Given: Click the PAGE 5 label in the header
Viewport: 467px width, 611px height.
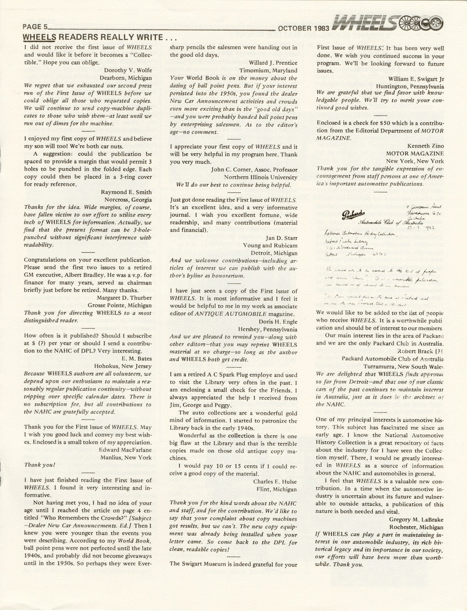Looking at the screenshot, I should [36, 27].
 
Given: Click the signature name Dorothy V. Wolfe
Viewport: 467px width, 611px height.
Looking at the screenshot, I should [128, 70].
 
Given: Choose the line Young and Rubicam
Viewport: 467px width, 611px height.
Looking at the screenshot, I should [270, 245].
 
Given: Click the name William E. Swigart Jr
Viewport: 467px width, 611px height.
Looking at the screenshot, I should [416, 79].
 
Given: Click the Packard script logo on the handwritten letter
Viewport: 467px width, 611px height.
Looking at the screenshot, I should [354, 214].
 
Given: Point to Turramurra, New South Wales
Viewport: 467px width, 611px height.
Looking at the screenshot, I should [404, 366].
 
